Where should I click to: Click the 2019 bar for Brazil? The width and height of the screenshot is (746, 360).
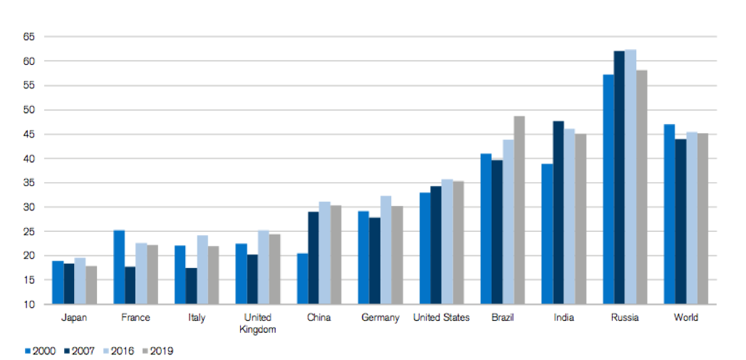click(519, 210)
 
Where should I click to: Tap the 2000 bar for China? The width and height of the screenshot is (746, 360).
click(302, 279)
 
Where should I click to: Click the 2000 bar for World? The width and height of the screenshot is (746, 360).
click(669, 214)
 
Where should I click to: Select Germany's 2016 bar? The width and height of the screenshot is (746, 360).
click(385, 250)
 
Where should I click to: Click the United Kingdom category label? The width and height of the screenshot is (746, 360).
click(258, 323)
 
